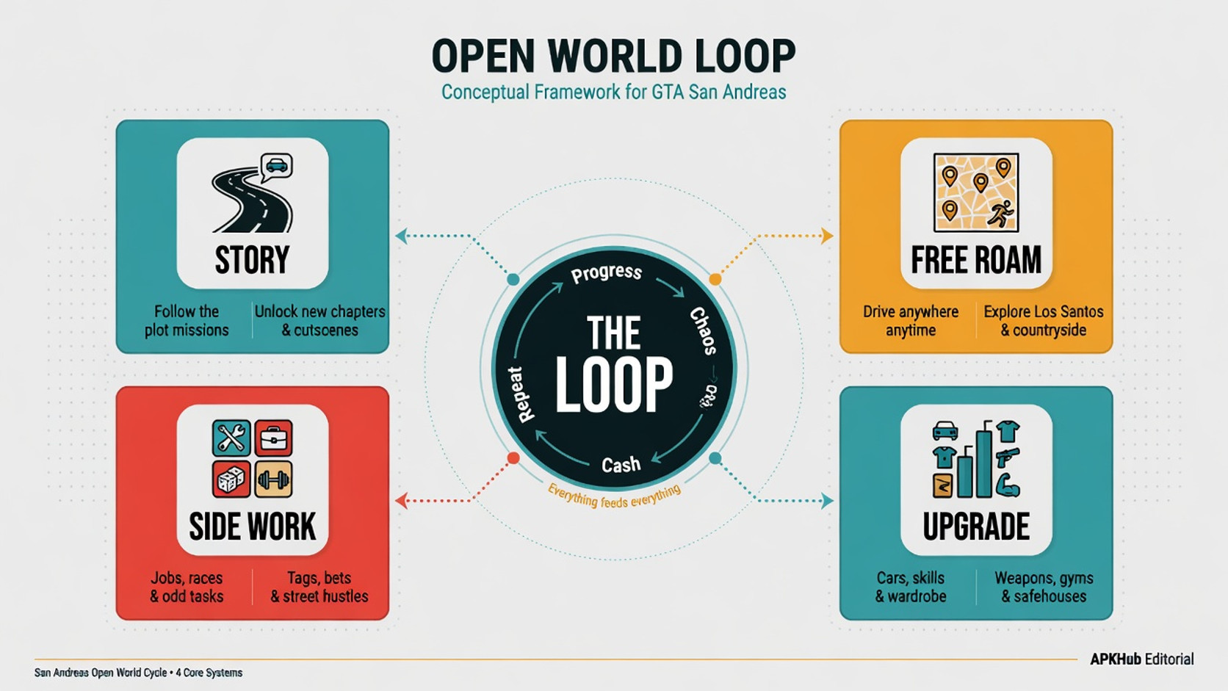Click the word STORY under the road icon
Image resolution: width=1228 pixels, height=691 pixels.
pyautogui.click(x=252, y=260)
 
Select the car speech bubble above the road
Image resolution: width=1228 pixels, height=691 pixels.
pyautogui.click(x=276, y=167)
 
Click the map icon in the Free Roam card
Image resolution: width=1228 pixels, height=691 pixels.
pyautogui.click(x=976, y=192)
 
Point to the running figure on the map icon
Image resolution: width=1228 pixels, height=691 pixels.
pyautogui.click(x=1000, y=213)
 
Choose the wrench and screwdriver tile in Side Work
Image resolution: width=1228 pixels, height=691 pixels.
pyautogui.click(x=231, y=438)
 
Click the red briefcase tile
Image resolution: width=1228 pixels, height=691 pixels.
pyautogui.click(x=273, y=438)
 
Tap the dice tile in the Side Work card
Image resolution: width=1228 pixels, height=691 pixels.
pyautogui.click(x=231, y=480)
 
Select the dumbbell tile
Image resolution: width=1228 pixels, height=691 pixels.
pyautogui.click(x=273, y=480)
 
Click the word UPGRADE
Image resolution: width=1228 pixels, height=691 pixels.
pyautogui.click(x=976, y=527)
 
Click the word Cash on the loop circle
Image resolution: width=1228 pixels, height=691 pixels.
pyautogui.click(x=621, y=465)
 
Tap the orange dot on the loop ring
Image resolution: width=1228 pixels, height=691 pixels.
pyautogui.click(x=715, y=279)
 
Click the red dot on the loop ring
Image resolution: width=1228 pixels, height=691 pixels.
pyautogui.click(x=513, y=458)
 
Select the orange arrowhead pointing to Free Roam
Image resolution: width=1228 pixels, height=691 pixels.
pyautogui.click(x=827, y=236)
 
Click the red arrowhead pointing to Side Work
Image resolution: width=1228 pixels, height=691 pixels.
pyautogui.click(x=401, y=500)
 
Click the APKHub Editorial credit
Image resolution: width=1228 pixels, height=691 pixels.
pyautogui.click(x=1141, y=659)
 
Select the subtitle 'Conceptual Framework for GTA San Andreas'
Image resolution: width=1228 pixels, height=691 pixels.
pyautogui.click(x=613, y=92)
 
